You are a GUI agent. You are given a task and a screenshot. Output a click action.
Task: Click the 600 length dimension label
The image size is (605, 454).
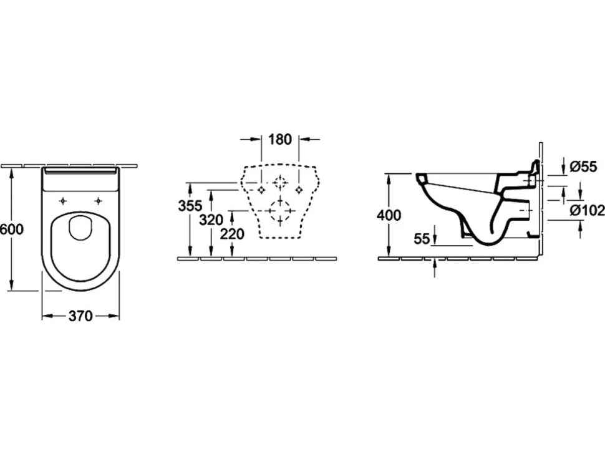click(x=12, y=229)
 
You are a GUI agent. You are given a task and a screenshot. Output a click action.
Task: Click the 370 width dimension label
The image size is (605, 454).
click(x=80, y=316)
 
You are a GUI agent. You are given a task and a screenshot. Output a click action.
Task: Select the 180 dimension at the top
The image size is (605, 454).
click(x=280, y=139)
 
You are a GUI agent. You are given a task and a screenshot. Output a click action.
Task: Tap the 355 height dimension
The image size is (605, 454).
click(x=190, y=206)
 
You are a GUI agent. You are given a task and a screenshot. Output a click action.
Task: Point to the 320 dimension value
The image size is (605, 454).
click(x=211, y=220)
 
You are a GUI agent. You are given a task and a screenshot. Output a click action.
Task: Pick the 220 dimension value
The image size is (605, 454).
click(x=232, y=233)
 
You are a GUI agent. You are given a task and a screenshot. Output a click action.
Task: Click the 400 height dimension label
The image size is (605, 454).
click(x=389, y=215)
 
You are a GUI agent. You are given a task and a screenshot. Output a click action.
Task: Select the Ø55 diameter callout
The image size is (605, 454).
click(x=583, y=167)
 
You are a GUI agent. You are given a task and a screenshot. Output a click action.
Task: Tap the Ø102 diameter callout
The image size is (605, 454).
click(x=588, y=210)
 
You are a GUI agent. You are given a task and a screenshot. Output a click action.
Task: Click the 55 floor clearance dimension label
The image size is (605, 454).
click(x=422, y=239)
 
